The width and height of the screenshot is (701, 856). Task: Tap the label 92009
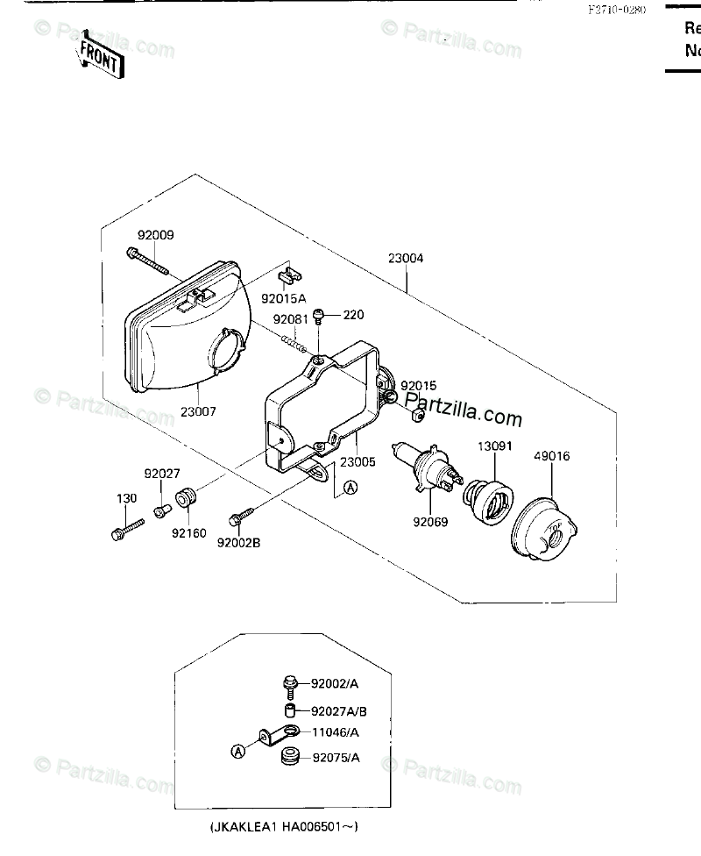click(x=155, y=235)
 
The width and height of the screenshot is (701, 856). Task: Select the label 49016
click(x=551, y=455)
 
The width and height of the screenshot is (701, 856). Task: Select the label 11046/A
click(x=330, y=731)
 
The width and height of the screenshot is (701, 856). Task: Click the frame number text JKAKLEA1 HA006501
click(x=284, y=826)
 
